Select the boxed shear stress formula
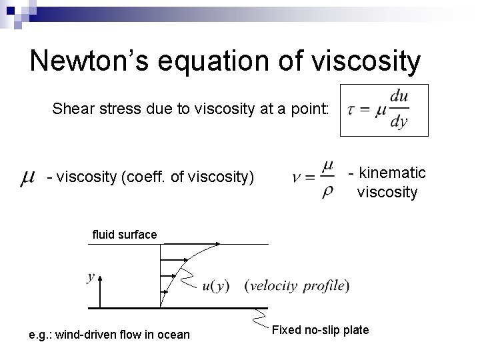[x=384, y=110]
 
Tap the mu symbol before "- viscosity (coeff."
[x=27, y=177]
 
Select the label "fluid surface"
[x=125, y=234]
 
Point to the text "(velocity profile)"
[x=297, y=286]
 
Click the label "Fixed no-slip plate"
[x=320, y=330]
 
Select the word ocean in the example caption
[x=173, y=334]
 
